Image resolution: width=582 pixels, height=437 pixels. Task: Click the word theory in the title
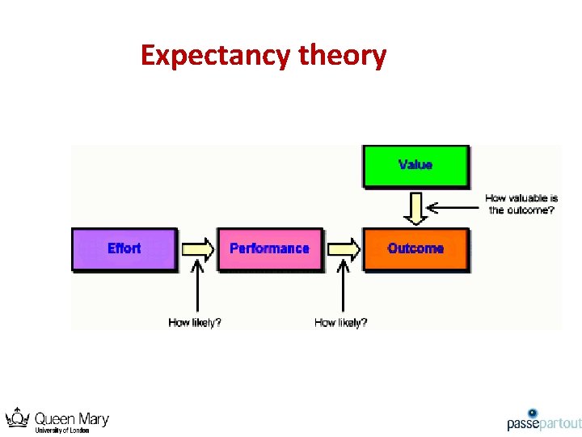click(x=343, y=56)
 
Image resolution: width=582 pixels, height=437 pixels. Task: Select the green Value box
click(x=415, y=165)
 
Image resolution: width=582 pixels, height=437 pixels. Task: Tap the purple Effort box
click(x=124, y=248)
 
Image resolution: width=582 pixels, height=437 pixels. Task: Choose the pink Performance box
click(x=269, y=248)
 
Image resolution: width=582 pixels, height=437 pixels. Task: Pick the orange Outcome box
click(x=415, y=248)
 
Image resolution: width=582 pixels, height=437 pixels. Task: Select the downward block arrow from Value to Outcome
click(x=415, y=207)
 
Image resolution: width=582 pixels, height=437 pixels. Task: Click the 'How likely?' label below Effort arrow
click(x=195, y=322)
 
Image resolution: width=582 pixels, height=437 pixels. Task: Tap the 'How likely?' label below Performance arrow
click(x=341, y=322)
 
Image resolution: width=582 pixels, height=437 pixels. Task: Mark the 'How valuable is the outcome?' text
click(x=521, y=204)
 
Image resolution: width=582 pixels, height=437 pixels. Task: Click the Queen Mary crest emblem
click(x=18, y=419)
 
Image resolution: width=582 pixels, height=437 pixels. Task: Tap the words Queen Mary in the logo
click(x=71, y=418)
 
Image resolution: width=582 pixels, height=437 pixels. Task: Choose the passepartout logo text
click(x=544, y=424)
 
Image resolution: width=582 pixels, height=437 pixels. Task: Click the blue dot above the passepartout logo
click(x=533, y=413)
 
